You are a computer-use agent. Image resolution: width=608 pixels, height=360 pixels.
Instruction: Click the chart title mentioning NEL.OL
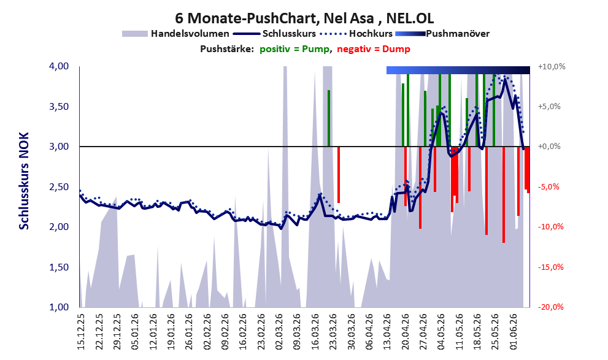click(x=304, y=18)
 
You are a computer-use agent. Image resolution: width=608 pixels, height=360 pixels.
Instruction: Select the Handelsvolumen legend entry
click(x=175, y=34)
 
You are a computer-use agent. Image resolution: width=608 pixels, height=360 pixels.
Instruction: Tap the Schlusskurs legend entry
click(x=275, y=34)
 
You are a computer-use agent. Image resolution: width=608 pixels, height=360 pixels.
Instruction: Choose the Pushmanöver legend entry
click(x=442, y=34)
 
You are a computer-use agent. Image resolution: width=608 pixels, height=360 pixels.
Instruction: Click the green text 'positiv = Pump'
click(x=294, y=49)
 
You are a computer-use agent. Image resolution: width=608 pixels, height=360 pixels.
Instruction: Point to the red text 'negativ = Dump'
click(x=374, y=49)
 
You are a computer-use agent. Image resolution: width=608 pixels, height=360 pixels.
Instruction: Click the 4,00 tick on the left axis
click(x=59, y=66)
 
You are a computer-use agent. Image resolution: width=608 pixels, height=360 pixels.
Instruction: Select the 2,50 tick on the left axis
click(x=59, y=187)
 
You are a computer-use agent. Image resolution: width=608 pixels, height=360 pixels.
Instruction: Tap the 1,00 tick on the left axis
click(x=59, y=307)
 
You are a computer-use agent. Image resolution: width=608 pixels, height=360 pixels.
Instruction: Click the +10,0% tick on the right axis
click(x=552, y=67)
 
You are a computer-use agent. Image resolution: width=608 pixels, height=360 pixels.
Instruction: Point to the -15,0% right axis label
click(x=550, y=267)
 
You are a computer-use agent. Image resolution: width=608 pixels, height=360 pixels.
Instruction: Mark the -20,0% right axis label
click(x=550, y=307)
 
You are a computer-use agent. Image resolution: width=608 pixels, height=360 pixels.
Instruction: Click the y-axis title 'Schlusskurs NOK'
click(x=24, y=181)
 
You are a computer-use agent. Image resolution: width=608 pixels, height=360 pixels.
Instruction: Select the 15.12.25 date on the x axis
click(x=81, y=332)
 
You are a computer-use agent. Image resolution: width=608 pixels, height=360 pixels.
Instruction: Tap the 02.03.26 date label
click(x=280, y=332)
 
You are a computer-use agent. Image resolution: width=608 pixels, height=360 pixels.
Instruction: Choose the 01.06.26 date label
click(x=514, y=332)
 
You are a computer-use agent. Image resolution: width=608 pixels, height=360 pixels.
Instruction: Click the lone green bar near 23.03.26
click(x=329, y=118)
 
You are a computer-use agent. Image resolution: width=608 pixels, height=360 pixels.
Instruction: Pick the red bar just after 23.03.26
click(x=339, y=175)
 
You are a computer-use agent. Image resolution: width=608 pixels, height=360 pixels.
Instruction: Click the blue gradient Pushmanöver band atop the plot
click(x=458, y=70)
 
